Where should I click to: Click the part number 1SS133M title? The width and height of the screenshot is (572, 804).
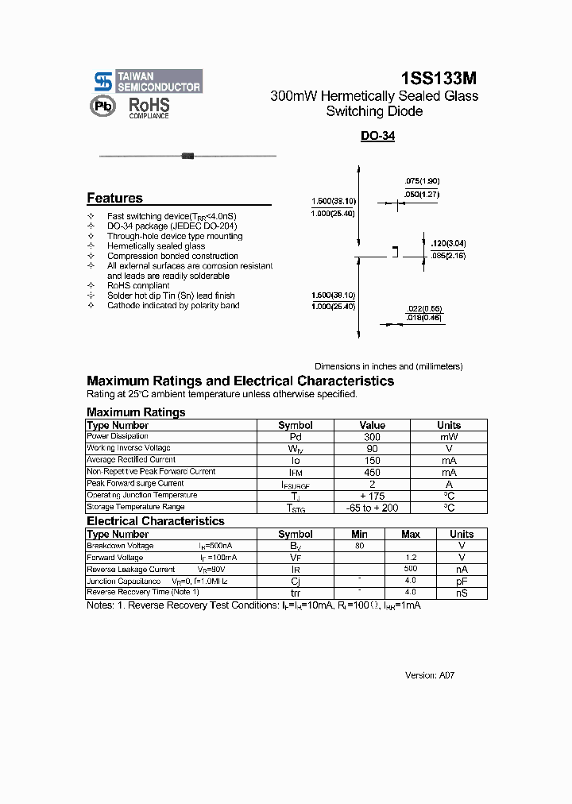[439, 78]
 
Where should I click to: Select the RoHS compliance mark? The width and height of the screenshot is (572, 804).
[149, 107]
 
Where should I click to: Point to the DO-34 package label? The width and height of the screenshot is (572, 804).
[377, 136]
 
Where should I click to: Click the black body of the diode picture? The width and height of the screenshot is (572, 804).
[188, 156]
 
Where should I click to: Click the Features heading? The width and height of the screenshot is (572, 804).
[114, 199]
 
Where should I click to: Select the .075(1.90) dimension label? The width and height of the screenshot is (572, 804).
[421, 181]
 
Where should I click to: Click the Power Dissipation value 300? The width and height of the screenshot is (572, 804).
[372, 437]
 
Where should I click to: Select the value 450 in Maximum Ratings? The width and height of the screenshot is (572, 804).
[372, 473]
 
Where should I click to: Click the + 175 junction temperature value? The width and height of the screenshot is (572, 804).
[372, 496]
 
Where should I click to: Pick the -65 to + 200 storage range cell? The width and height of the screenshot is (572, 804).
[372, 508]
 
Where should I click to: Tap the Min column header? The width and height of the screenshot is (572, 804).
[359, 535]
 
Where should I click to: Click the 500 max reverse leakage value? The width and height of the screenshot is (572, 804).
[410, 570]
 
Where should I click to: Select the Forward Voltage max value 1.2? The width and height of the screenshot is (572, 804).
[410, 558]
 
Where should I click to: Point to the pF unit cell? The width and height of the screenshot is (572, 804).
[461, 582]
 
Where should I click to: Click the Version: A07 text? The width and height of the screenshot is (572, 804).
[430, 675]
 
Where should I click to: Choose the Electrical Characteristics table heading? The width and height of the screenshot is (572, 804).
[156, 521]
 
